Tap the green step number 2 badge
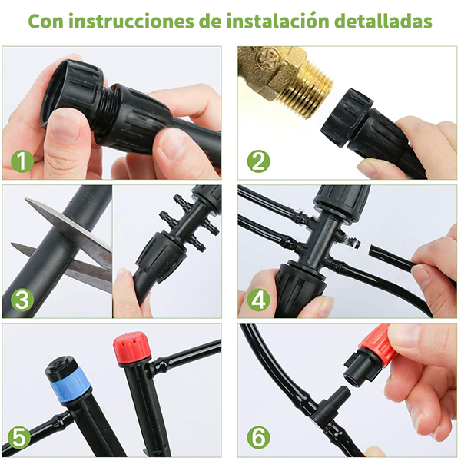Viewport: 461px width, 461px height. pos(258,161)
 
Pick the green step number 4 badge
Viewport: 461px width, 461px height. pos(258,299)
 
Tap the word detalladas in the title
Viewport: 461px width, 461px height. pos(383,21)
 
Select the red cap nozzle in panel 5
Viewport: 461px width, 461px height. pos(132,347)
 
